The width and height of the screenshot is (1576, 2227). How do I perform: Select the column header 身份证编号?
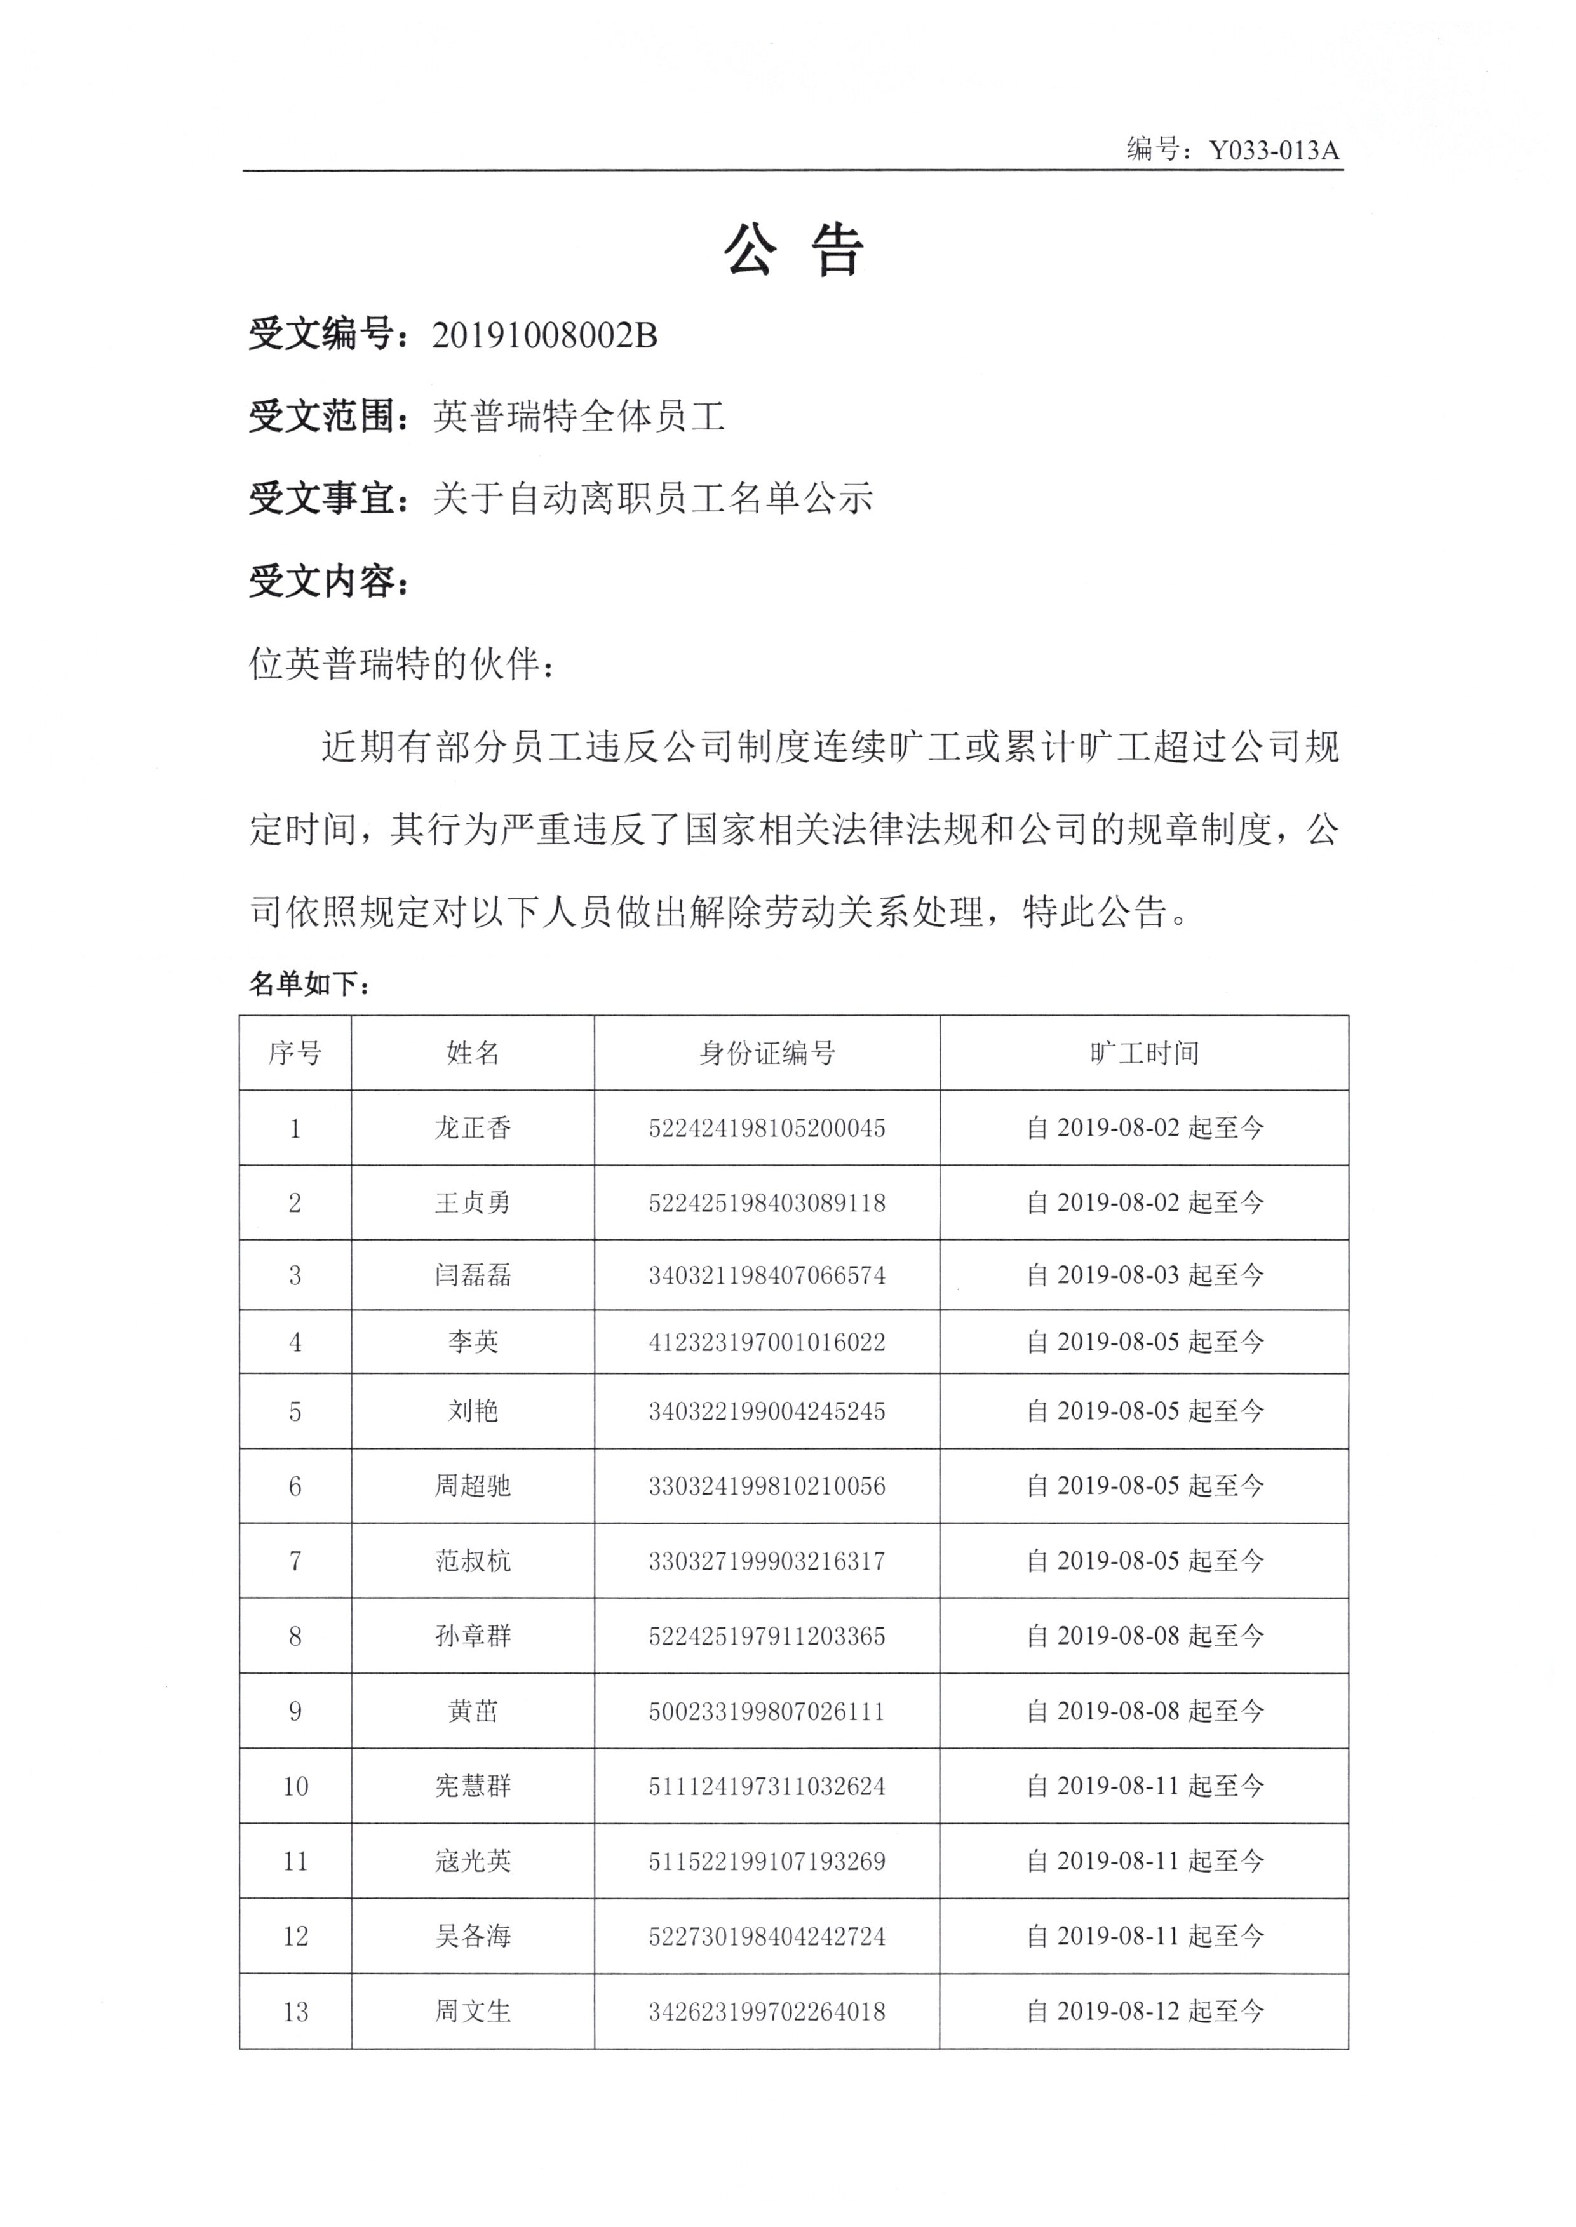pos(767,1053)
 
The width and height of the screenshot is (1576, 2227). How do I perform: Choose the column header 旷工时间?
pos(1144,1053)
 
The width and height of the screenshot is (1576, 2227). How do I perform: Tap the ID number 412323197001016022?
pos(767,1342)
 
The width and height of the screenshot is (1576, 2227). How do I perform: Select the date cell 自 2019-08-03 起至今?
pos(1144,1275)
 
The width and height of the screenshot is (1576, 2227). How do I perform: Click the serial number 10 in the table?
pos(295,1786)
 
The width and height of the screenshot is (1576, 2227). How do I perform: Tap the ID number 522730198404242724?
pos(767,1936)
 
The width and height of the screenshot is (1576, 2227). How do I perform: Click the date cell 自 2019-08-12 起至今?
pos(1144,2012)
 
